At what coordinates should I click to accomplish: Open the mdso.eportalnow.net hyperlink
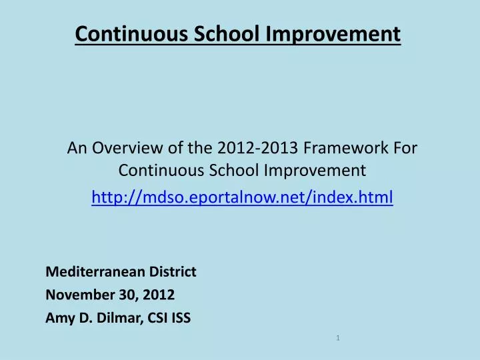242,197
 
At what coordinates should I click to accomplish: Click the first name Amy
58,318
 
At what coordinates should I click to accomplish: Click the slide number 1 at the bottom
338,339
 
